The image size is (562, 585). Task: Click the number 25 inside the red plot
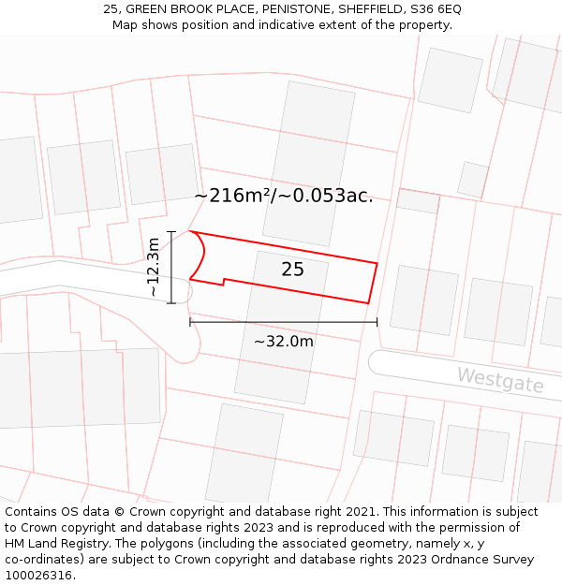tap(292, 270)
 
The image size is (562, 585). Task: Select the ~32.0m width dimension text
tap(283, 342)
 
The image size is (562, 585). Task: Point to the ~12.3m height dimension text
tap(154, 268)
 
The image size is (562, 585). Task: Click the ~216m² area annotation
tap(283, 196)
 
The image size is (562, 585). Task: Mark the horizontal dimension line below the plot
tap(283, 322)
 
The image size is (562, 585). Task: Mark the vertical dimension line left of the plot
tap(171, 268)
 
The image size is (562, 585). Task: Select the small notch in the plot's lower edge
tap(223, 281)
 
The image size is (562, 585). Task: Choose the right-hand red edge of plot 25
tap(373, 283)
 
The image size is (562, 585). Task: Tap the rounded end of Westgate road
tap(374, 362)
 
